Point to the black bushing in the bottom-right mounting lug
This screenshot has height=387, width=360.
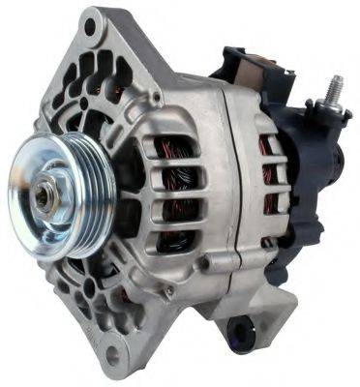coord(241,334)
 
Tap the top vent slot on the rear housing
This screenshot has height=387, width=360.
coord(268,145)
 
